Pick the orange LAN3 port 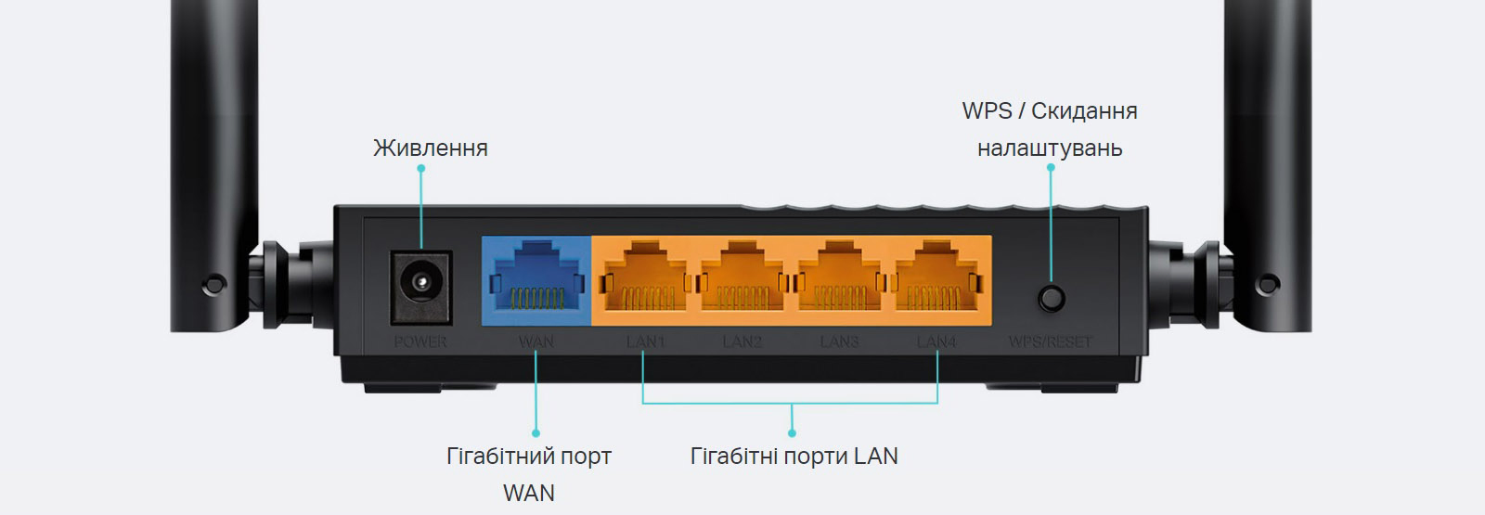[839, 278]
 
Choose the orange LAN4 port [936, 278]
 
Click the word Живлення [430, 148]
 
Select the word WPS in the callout [987, 111]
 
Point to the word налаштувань [1050, 148]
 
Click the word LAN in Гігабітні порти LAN [875, 457]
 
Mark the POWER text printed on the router [420, 342]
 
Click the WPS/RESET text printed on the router [1050, 342]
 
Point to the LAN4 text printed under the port [936, 342]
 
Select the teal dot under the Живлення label [420, 169]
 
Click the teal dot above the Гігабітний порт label [536, 432]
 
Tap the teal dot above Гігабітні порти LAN [792, 432]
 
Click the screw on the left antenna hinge [214, 281]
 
